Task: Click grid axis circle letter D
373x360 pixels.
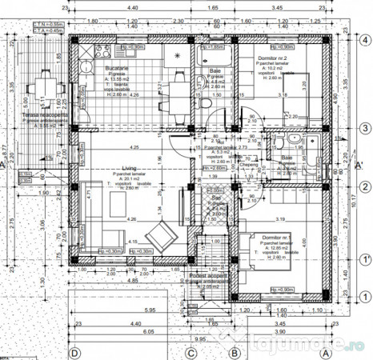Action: point(74,352)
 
